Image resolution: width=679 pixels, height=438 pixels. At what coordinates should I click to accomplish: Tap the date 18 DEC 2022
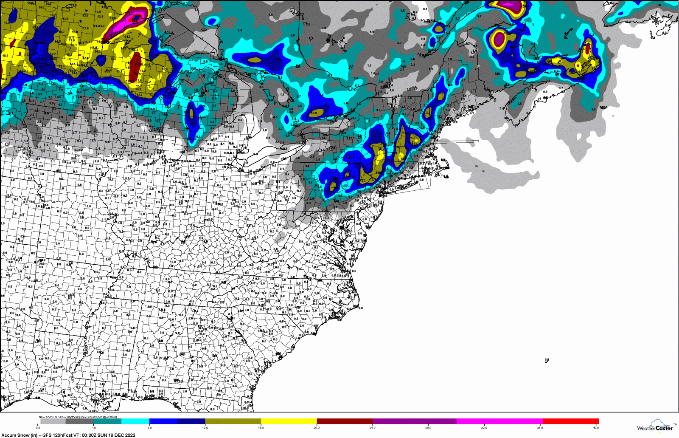click(x=122, y=435)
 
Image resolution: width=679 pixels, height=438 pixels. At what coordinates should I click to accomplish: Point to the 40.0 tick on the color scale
click(x=596, y=428)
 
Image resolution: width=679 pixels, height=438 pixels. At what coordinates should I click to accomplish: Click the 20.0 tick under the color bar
click(x=317, y=428)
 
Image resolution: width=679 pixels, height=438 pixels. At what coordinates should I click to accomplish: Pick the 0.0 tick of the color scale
click(x=38, y=428)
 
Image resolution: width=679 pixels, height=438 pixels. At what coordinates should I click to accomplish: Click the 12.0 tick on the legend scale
click(x=205, y=428)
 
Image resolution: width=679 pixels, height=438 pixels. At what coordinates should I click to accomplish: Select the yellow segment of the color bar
click(x=289, y=421)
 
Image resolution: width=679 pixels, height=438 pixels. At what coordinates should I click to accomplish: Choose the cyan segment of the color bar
click(x=135, y=421)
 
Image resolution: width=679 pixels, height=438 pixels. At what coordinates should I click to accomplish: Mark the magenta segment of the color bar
click(x=499, y=421)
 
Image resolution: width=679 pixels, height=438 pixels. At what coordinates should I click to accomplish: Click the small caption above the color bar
click(x=78, y=417)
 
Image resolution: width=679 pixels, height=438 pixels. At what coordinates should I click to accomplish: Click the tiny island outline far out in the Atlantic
click(x=547, y=360)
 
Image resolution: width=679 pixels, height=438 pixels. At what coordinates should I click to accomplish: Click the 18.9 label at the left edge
click(x=5, y=56)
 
